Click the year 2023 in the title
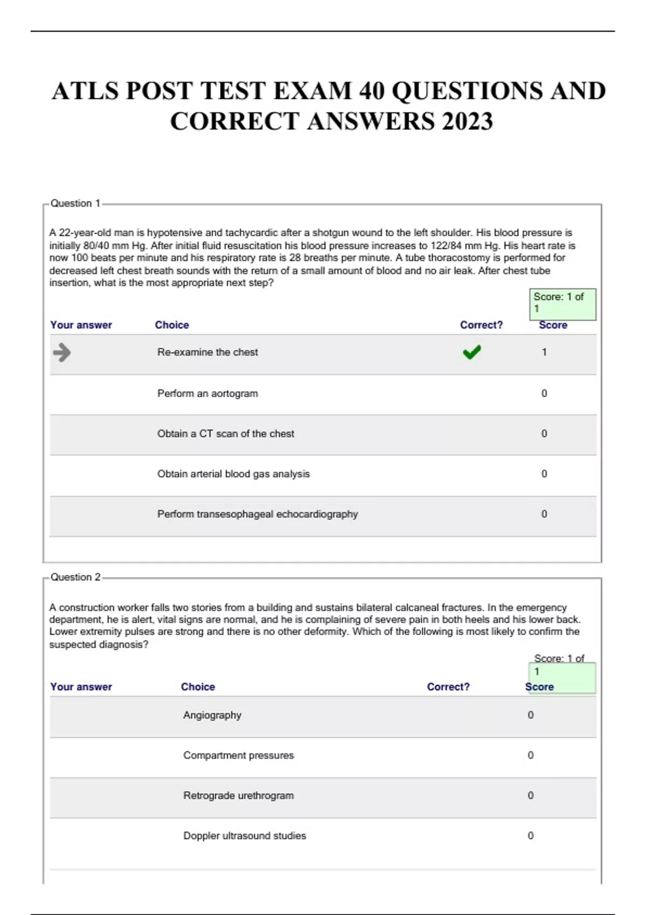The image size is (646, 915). (467, 122)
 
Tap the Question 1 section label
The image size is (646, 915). (75, 203)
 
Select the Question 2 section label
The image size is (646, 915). (75, 577)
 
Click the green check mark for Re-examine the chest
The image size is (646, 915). (472, 353)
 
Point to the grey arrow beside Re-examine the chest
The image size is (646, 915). (62, 353)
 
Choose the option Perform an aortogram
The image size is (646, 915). (207, 393)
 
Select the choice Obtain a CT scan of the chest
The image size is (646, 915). (226, 434)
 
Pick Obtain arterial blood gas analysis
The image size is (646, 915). (233, 474)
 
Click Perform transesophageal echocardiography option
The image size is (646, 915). (257, 514)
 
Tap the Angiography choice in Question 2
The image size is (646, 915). (212, 715)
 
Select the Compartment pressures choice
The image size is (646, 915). (238, 756)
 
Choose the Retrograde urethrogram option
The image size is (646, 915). (238, 796)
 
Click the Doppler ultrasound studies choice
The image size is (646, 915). (244, 836)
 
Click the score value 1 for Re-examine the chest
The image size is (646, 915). (544, 353)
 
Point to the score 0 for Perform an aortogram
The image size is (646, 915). (544, 393)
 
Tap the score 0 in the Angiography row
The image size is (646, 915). (531, 715)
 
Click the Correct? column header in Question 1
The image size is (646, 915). (481, 325)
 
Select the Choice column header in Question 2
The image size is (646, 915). (198, 687)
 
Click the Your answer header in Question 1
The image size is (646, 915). (81, 325)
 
